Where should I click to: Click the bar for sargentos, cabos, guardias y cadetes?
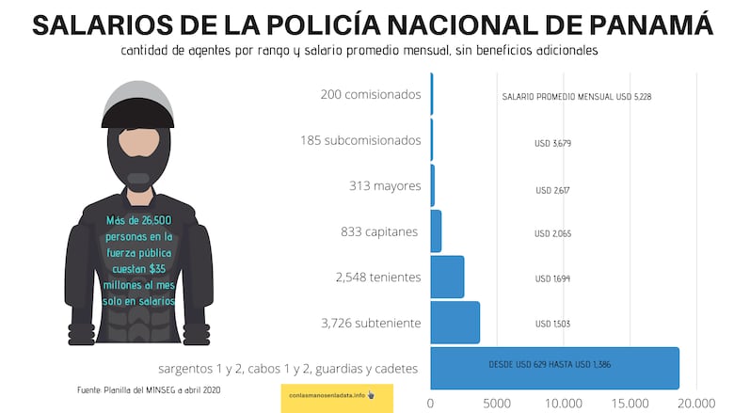(554, 368)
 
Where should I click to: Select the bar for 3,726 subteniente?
(455, 323)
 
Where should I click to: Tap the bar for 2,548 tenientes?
(447, 277)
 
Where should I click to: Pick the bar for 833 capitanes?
(436, 231)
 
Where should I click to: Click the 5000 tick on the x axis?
(497, 402)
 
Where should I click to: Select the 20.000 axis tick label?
(696, 402)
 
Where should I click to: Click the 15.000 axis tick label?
(630, 402)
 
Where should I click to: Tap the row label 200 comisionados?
(371, 94)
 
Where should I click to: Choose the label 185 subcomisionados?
(360, 140)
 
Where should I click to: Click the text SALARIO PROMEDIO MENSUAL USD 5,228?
(576, 97)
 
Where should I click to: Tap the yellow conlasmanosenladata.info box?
(336, 396)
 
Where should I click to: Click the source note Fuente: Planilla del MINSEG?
(149, 389)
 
